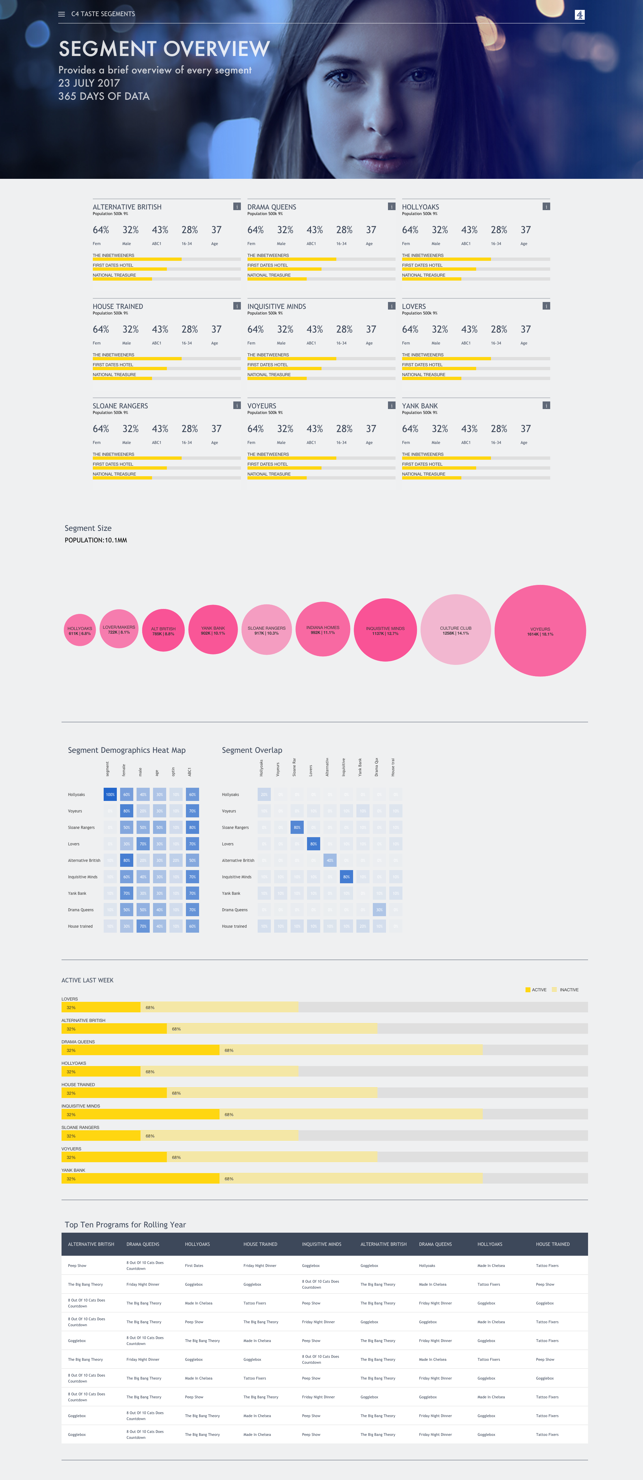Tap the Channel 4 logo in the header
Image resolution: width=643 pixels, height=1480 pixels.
[579, 15]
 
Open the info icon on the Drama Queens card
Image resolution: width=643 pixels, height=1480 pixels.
[392, 206]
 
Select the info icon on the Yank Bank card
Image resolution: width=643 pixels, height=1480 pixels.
[546, 405]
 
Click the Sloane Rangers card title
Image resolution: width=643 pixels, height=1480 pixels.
[120, 406]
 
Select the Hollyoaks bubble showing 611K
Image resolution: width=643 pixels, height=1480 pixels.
[80, 630]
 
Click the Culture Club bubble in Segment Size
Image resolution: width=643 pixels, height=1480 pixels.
[455, 630]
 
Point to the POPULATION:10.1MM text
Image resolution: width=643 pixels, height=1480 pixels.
[96, 540]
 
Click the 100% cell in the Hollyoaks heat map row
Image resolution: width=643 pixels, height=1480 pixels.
[110, 795]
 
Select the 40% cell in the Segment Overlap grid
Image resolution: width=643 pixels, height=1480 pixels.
[329, 860]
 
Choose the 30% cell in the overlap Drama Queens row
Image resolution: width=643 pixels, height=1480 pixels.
[379, 910]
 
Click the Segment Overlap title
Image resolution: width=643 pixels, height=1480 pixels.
[252, 750]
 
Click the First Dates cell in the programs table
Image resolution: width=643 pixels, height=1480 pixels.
[194, 1266]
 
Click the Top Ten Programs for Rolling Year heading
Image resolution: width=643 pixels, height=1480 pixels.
[125, 1225]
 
